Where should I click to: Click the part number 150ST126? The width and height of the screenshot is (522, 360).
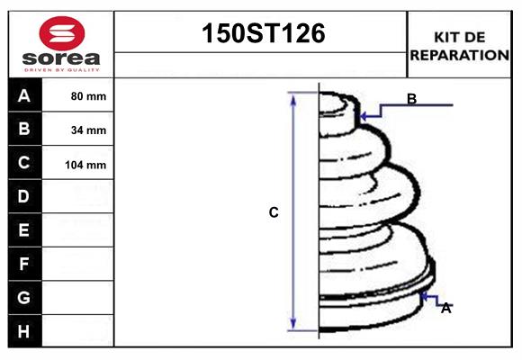261,35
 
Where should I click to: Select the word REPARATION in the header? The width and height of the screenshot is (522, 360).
460,55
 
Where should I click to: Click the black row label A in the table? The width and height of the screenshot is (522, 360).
24,95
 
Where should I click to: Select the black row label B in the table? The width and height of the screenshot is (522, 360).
24,129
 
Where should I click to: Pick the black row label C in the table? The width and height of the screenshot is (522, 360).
24,163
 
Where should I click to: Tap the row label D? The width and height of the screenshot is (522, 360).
24,196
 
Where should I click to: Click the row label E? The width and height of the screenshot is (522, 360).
24,230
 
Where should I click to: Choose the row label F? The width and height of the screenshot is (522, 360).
24,264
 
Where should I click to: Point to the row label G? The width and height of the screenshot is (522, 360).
24,297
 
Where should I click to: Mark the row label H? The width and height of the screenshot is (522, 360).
24,331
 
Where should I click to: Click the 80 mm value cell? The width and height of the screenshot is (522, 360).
88,96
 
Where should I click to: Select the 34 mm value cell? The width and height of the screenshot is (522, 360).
88,130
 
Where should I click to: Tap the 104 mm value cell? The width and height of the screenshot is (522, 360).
88,165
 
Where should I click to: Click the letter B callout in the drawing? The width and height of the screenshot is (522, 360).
411,99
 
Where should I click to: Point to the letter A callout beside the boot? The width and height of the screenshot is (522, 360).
445,308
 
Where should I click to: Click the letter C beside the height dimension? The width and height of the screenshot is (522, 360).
274,212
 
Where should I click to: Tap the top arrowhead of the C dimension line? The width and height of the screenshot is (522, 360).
292,97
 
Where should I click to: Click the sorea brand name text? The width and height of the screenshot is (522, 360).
60,58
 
